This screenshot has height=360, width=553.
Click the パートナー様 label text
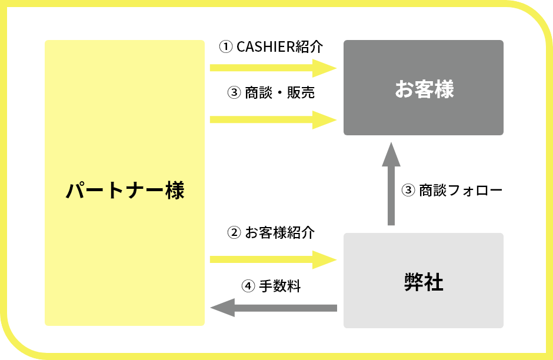click(x=125, y=191)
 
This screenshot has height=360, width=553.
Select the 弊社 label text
click(x=424, y=282)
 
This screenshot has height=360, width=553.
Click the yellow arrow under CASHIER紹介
click(x=272, y=68)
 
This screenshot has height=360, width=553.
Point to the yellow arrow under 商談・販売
click(x=272, y=119)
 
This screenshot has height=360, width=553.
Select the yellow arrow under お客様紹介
click(x=272, y=259)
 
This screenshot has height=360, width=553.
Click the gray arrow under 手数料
click(x=274, y=308)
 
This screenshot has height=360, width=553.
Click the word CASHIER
click(x=264, y=47)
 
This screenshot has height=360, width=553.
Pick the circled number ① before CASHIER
click(x=225, y=47)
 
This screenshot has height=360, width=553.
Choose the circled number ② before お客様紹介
click(x=234, y=232)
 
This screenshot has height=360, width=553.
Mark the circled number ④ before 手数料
click(x=248, y=286)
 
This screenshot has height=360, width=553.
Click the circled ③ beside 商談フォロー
click(x=408, y=191)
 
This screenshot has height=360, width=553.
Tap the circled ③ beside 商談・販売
click(x=234, y=93)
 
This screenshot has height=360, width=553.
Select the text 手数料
click(x=280, y=286)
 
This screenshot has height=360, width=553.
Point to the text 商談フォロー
click(x=461, y=191)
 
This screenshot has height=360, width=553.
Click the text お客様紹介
click(x=280, y=232)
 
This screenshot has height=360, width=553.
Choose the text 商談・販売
click(x=280, y=93)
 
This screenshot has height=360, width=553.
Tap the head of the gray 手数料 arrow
click(x=222, y=308)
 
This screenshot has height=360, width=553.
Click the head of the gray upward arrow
click(x=391, y=154)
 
